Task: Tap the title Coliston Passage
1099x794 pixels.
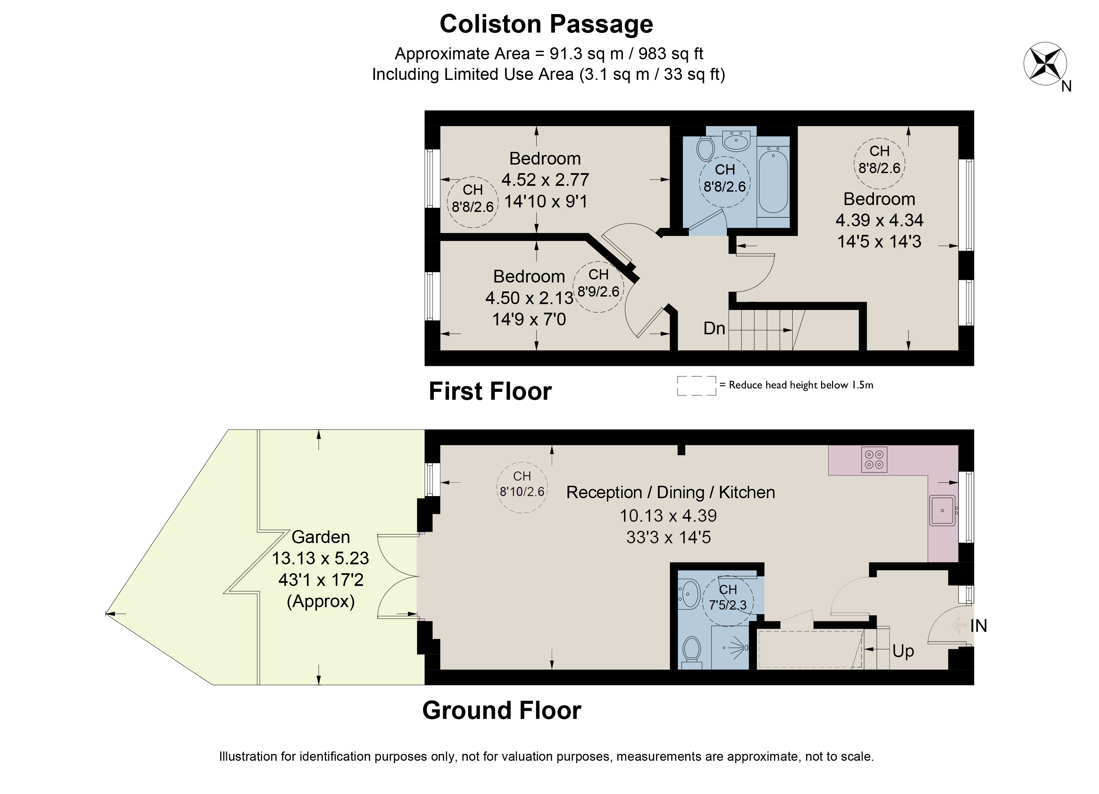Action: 546,24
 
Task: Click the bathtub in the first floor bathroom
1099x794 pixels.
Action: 773,181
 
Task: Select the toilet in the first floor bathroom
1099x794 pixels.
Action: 705,148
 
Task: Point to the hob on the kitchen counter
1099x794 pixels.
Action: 874,459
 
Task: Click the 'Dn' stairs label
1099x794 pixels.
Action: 714,329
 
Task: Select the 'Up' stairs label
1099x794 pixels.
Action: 903,651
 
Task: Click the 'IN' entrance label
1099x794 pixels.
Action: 978,626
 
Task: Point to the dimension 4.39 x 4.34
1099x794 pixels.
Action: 879,220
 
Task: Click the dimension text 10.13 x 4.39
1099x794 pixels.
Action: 668,515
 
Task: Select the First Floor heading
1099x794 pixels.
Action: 490,391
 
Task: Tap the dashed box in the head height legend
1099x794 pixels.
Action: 696,385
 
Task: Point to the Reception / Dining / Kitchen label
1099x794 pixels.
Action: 671,493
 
